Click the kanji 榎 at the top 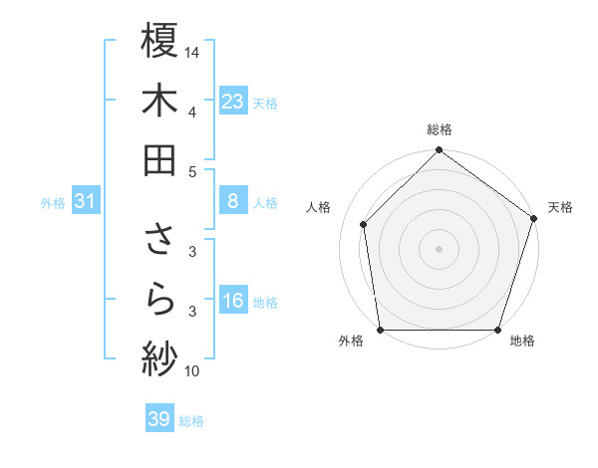159,41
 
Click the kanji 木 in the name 159,101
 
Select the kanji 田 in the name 159,160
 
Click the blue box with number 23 233,101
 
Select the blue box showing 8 233,201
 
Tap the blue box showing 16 233,302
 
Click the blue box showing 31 85,201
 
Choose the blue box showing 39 159,419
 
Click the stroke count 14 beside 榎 192,52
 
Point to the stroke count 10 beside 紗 192,371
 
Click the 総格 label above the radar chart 440,129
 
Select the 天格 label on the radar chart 560,207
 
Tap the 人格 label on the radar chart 319,207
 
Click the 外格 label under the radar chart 351,342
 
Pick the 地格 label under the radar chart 522,342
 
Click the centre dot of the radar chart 440,248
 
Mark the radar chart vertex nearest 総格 440,151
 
